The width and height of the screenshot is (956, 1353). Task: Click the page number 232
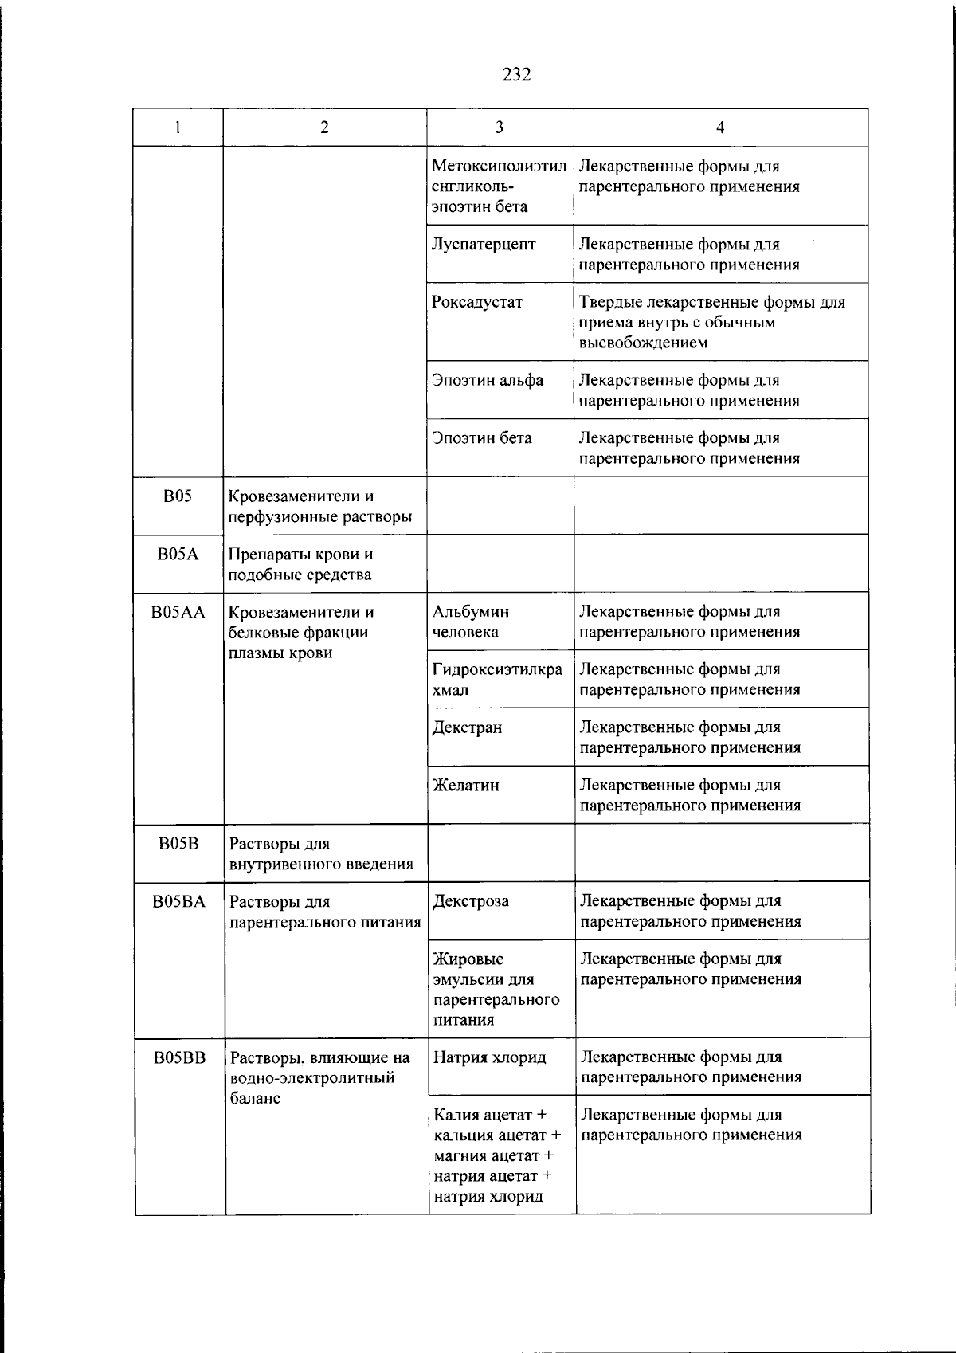(x=516, y=75)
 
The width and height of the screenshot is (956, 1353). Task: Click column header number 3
(x=500, y=127)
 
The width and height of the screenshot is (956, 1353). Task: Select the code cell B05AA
(x=178, y=612)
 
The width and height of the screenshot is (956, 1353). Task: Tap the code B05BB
(x=179, y=1057)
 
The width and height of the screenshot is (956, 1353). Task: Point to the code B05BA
(x=179, y=901)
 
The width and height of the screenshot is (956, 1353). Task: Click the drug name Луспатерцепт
(x=484, y=245)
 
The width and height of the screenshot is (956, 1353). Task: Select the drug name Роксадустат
(x=477, y=302)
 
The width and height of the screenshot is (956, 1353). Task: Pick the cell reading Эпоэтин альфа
(x=488, y=380)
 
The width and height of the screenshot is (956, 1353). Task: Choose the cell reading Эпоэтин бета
(x=482, y=437)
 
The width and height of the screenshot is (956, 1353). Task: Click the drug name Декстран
(x=467, y=727)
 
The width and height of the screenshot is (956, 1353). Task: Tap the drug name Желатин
(x=466, y=785)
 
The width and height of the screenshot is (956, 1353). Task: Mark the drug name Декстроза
(x=471, y=901)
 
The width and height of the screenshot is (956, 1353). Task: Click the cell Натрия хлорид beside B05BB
(x=490, y=1057)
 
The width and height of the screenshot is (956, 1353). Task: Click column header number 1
(x=178, y=127)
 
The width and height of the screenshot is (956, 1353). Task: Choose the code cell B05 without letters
(x=178, y=496)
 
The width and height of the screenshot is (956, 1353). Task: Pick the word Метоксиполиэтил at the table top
(x=500, y=167)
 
